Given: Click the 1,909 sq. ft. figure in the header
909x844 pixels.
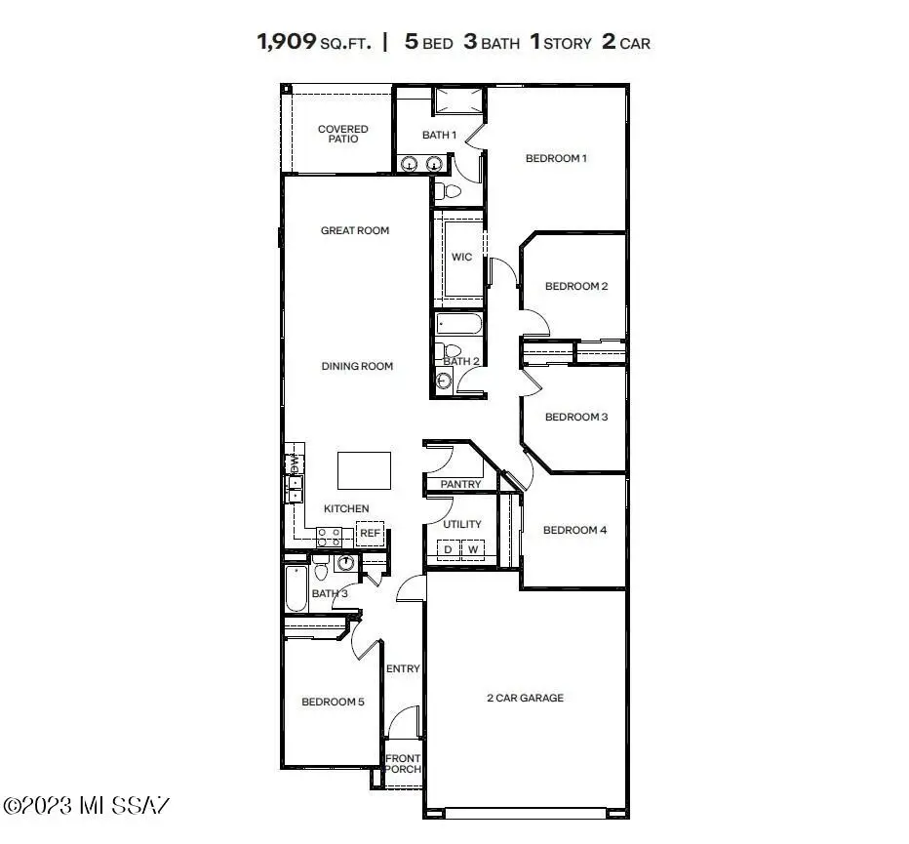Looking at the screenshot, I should point(314,42).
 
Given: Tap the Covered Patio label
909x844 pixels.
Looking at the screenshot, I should point(343,134).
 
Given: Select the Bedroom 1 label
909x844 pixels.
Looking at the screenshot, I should point(556,158).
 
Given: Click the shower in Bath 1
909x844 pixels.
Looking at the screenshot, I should point(457,100).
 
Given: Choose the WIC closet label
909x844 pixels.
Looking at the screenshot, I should point(461,258).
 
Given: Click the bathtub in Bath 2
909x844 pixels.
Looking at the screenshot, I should point(457,324).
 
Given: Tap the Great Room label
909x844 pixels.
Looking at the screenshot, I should point(355,231).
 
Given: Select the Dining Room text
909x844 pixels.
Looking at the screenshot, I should point(357,367).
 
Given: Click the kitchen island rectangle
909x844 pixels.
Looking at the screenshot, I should point(365,470).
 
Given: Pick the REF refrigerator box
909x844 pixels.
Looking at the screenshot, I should point(370,534).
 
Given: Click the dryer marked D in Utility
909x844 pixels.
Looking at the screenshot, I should point(449,550).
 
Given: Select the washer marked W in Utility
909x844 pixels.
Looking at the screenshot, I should point(472,550).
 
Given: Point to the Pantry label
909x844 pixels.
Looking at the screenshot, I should point(460,484).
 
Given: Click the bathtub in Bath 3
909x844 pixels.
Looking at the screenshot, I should point(296,588).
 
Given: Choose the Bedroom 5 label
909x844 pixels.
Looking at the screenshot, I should point(333,702).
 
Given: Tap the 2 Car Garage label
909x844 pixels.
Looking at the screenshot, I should point(525,698).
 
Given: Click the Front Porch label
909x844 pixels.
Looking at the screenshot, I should point(403,764).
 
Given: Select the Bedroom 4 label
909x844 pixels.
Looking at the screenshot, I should point(574,530).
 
